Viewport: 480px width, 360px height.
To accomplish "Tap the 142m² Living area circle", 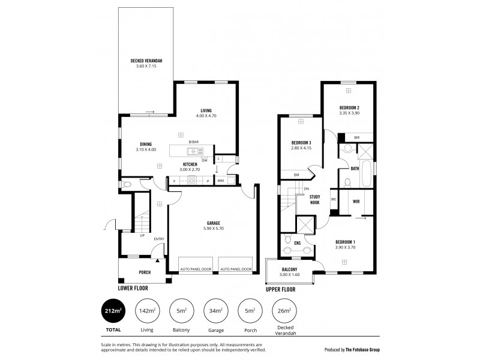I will pyautogui.click(x=146, y=311).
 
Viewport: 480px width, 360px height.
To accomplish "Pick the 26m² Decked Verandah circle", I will pyautogui.click(x=282, y=311).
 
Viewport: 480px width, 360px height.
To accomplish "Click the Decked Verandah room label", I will pyautogui.click(x=147, y=61).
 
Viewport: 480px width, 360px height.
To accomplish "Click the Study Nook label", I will pyautogui.click(x=314, y=200).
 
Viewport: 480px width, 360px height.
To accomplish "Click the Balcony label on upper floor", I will pyautogui.click(x=290, y=269).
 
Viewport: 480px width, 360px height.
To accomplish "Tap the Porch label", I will pyautogui.click(x=145, y=272).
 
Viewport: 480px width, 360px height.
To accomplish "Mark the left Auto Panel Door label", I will pyautogui.click(x=196, y=269).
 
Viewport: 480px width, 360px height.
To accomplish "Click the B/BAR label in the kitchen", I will pyautogui.click(x=193, y=142).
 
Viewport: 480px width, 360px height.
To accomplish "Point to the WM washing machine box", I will pyautogui.click(x=220, y=180).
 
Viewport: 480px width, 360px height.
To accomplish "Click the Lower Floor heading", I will pyautogui.click(x=133, y=288).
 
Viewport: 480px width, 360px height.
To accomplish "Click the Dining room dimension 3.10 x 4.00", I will pyautogui.click(x=146, y=149).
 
